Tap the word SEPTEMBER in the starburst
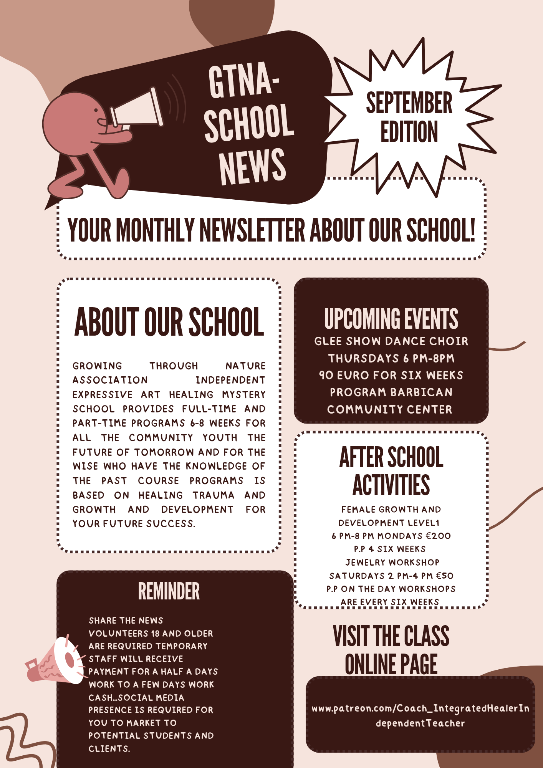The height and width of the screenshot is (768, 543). pyautogui.click(x=409, y=103)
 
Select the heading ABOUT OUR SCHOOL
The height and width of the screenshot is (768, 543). pyautogui.click(x=169, y=322)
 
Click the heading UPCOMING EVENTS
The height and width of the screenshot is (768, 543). pyautogui.click(x=391, y=319)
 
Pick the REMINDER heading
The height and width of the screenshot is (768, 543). pyautogui.click(x=169, y=591)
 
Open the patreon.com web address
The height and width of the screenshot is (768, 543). pyautogui.click(x=420, y=715)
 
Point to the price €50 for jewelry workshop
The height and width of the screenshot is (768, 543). pyautogui.click(x=445, y=576)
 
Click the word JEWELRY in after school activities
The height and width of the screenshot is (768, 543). pyautogui.click(x=365, y=563)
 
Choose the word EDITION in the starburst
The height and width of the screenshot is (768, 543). pyautogui.click(x=409, y=132)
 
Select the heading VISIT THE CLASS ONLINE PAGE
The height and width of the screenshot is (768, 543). pyautogui.click(x=391, y=650)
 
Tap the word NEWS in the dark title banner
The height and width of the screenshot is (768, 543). pyautogui.click(x=252, y=166)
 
